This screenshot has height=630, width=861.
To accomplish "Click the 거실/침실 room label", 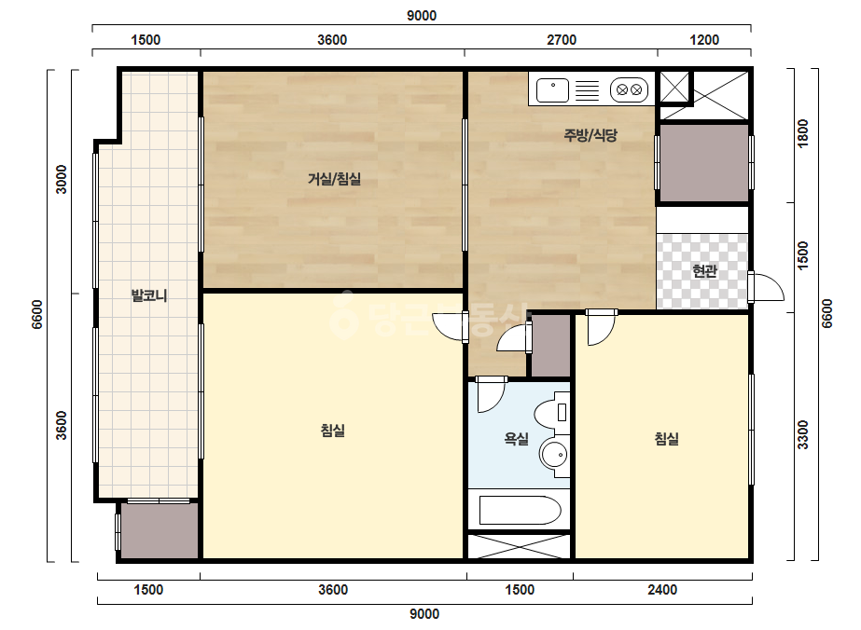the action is coord(334,179).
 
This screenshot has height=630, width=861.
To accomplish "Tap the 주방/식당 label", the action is coord(590,135).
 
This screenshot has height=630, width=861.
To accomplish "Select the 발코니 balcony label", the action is coord(149,295).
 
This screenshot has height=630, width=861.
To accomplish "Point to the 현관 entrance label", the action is coord(704,270).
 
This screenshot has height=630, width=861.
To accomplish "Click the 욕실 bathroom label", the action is coord(516,438).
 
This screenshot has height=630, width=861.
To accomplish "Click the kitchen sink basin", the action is coord(552,90).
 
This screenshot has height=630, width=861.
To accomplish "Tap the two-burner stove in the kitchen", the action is coord(629,89).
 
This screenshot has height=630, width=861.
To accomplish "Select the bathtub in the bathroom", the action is coord(520,511).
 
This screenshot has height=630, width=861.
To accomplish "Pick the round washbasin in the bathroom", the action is coord(553,455).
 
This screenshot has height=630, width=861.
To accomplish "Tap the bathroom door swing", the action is coord(491,394).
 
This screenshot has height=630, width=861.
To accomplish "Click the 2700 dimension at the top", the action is coord(562,39).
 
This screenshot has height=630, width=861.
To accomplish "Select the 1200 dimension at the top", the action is coord(704,39).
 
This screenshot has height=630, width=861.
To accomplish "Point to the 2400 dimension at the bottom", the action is coord(662,590).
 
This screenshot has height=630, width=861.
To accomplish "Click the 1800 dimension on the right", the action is coord(803,133).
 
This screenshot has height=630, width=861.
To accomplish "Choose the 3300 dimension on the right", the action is coord(803,434).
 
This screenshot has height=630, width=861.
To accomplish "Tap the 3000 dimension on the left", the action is coord(61,180).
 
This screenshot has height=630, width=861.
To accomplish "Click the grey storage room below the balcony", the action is coord(160,530).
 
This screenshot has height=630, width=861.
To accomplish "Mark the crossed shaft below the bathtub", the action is coord(520,546).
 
